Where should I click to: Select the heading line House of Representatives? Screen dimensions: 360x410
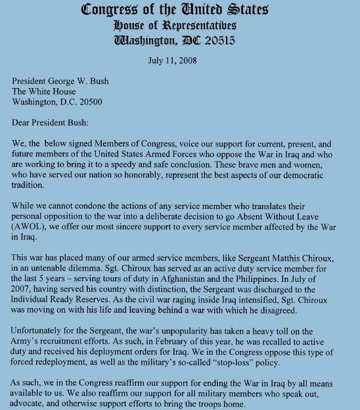pos(180,25)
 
